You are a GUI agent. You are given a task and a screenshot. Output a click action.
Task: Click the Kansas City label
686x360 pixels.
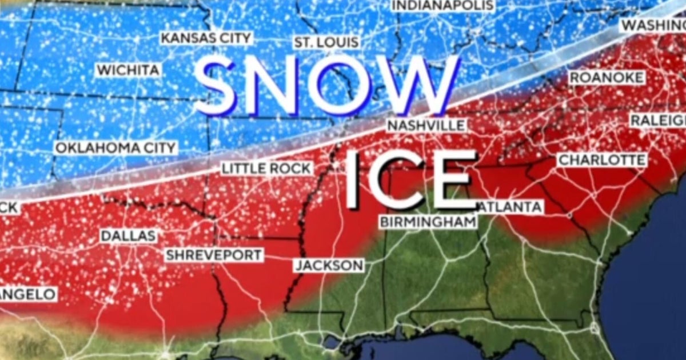[206, 38]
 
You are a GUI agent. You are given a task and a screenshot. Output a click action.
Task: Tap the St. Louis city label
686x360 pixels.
[327, 42]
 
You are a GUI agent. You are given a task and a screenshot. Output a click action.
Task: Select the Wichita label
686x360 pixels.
[129, 70]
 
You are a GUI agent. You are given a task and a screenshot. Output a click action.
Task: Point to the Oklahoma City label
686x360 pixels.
[115, 148]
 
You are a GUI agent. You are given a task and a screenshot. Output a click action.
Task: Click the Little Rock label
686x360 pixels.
[267, 169]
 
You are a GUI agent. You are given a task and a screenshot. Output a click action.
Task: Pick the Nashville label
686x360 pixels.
[426, 125]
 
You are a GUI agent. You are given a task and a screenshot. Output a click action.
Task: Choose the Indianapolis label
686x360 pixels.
[443, 5]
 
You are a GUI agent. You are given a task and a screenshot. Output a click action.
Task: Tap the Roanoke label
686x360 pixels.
[607, 78]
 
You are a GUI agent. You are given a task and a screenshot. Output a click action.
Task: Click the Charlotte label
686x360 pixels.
[602, 160]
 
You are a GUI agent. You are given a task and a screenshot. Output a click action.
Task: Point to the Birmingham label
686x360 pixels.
[428, 222]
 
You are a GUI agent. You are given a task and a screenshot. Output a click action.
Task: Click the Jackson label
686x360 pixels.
[329, 265]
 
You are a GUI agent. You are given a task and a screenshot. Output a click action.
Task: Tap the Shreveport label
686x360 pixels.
[214, 255]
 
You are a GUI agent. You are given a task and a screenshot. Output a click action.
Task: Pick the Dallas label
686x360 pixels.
[128, 235]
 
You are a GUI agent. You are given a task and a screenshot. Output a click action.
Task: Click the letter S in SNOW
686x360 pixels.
[216, 86]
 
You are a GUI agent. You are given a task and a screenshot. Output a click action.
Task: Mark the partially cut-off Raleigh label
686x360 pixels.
[657, 120]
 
